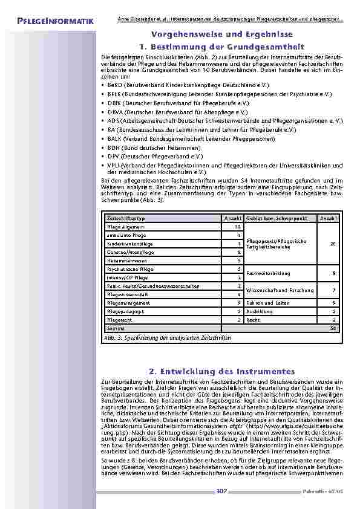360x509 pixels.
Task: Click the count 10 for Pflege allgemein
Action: pyautogui.click(x=238, y=226)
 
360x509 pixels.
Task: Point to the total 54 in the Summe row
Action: pyautogui.click(x=332, y=327)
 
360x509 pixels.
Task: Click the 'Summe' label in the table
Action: pyautogui.click(x=114, y=327)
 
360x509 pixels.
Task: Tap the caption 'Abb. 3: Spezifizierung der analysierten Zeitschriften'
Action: pyautogui.click(x=168, y=337)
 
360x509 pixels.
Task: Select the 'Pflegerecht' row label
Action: pyautogui.click(x=119, y=319)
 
